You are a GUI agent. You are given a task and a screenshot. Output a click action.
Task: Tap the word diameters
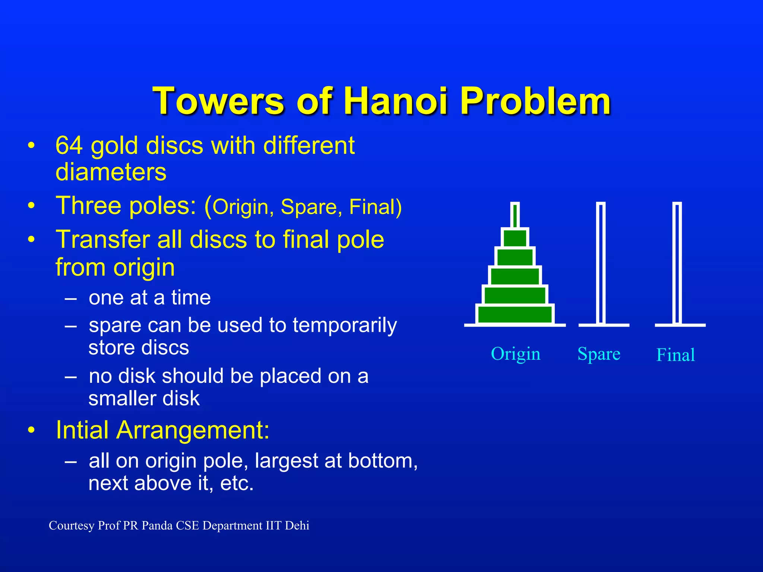[111, 172]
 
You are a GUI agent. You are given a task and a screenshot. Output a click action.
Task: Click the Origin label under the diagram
[515, 354]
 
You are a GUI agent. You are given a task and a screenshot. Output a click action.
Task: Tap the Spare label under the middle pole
[599, 354]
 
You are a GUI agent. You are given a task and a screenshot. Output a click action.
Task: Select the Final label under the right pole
[675, 355]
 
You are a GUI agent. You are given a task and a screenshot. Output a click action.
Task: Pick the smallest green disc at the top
[515, 238]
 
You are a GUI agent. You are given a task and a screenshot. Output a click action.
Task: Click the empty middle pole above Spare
[601, 263]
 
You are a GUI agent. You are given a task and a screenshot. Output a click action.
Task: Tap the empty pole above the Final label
[677, 263]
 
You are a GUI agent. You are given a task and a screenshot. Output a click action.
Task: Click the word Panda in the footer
[157, 525]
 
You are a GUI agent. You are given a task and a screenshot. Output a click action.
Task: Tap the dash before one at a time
[70, 298]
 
